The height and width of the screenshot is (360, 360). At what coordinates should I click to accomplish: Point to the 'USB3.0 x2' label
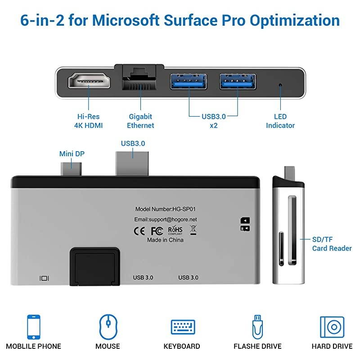coord(213,121)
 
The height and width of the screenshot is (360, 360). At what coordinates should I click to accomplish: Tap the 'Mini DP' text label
coord(72,154)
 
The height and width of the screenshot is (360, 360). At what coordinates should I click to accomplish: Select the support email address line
coord(166,220)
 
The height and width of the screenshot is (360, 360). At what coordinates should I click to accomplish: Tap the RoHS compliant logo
coord(175,230)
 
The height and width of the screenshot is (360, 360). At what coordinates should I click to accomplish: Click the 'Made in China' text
coord(165,240)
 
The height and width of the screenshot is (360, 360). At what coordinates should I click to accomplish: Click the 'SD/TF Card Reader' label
coord(332,244)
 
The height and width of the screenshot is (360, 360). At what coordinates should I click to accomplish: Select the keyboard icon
coord(182,326)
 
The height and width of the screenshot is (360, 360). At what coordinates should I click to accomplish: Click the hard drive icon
coord(332,327)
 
